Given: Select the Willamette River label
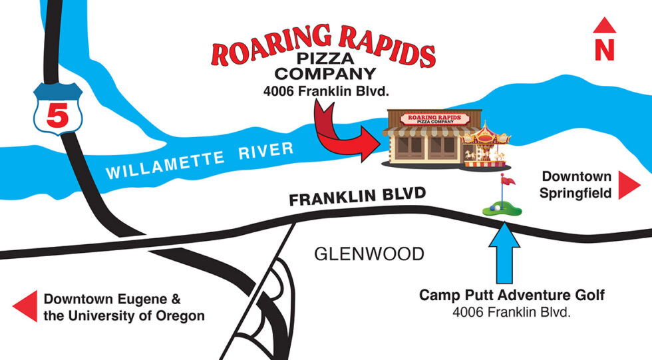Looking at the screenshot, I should (x=200, y=160).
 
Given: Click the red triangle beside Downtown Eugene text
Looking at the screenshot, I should (x=25, y=307).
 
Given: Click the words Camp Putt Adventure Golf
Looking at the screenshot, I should (x=512, y=295).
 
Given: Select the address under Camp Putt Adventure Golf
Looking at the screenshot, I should (x=512, y=311).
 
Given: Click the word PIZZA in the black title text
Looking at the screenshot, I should (x=325, y=61).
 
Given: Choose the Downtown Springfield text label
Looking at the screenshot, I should (x=576, y=185).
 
